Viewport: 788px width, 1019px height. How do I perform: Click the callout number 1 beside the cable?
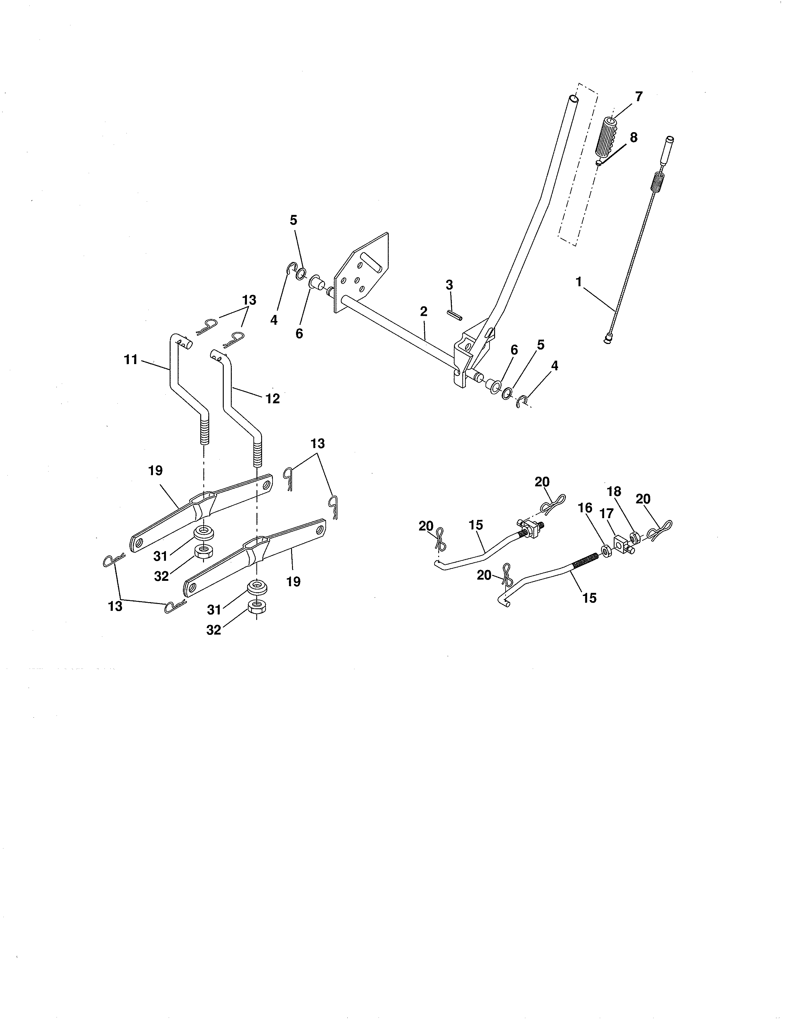coord(579,282)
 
